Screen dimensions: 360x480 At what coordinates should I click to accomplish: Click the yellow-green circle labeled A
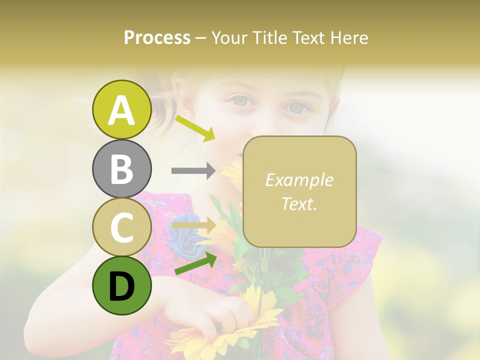pos(121,109)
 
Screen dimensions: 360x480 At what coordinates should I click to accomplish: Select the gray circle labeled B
pos(121,168)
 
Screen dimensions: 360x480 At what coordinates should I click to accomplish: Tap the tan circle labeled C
pos(121,227)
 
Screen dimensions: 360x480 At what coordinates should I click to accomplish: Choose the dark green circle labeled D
pos(121,285)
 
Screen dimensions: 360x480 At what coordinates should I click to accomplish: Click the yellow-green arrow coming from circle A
pos(195,127)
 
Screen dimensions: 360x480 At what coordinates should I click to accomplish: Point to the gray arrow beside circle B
pos(193,170)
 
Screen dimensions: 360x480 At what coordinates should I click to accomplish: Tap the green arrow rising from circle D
pos(195,263)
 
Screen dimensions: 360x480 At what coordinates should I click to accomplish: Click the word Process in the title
pos(157,37)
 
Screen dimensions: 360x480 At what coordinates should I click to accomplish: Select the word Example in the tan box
pos(299,180)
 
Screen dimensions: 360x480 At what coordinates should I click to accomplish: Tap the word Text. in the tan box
pos(299,203)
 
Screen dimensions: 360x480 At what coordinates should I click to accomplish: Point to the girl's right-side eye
pos(297,106)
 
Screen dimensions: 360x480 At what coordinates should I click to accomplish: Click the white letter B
pos(121,169)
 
